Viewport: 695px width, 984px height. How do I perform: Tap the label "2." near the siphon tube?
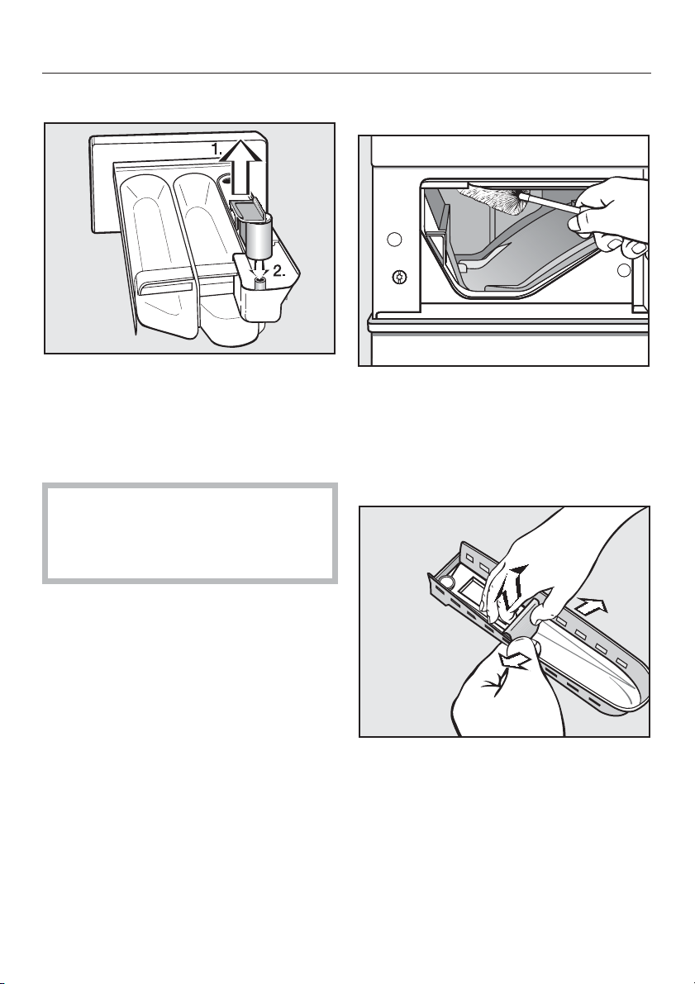coord(278,273)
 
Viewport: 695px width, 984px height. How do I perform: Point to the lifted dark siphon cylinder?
coord(257,236)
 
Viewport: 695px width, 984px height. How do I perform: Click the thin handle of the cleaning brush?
coord(550,205)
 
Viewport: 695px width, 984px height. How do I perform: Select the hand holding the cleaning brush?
coord(609,216)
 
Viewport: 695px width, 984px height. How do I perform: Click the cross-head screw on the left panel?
coord(396,275)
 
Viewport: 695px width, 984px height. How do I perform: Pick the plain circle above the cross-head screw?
coord(393,239)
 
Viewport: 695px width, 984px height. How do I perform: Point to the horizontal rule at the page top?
coord(346,74)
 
